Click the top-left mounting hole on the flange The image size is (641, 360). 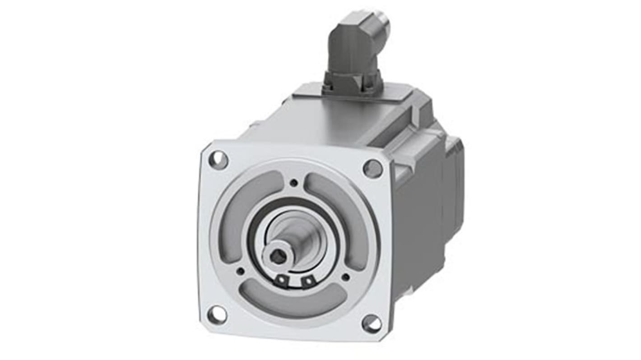click(218, 160)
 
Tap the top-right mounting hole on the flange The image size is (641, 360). click(372, 169)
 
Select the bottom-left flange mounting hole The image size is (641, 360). click(217, 314)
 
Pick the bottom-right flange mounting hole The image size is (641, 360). click(372, 323)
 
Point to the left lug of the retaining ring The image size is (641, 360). click(282, 281)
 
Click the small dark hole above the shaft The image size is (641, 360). click(294, 183)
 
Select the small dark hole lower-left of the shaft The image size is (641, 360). click(241, 271)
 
